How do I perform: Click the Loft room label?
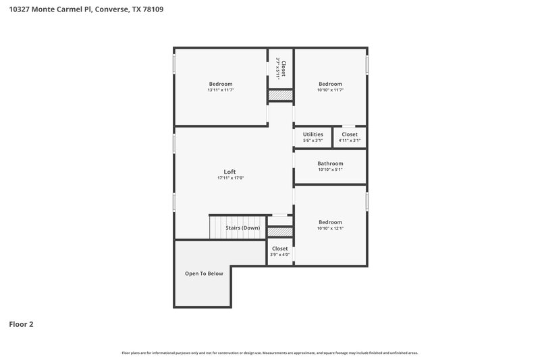pos(230,172)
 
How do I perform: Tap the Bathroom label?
pos(331,163)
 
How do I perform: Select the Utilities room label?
pos(313,134)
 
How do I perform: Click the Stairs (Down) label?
pos(242,228)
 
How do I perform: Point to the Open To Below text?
pos(204,274)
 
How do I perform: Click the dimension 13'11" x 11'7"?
pos(221,90)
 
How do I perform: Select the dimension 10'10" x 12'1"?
pos(331,228)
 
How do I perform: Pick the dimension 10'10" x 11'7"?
pos(331,90)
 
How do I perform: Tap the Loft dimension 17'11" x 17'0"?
pos(230,178)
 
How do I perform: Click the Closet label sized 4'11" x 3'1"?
pos(350,134)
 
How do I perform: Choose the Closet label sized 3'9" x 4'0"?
pos(279,249)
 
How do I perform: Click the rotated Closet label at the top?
pos(284,68)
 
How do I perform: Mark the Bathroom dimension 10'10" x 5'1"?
pos(331,170)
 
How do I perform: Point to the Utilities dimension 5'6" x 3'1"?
pos(313,140)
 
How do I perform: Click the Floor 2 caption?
pos(21,324)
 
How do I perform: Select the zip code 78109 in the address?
pos(153,9)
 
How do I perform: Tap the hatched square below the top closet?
pos(280,96)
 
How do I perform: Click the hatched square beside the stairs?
pos(280,232)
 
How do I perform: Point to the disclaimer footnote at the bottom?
pos(270,353)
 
